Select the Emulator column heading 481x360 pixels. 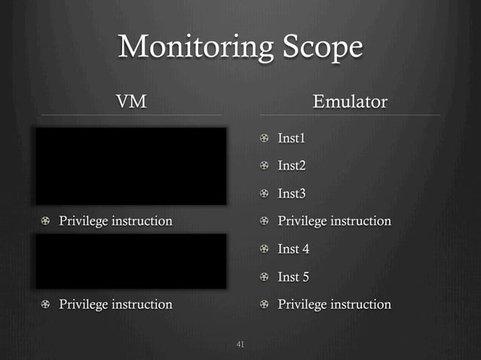(x=350, y=101)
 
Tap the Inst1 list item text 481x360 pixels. (x=292, y=138)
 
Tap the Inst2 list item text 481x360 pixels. (x=292, y=166)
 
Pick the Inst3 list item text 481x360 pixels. (x=292, y=194)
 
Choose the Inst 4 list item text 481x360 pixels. (x=294, y=249)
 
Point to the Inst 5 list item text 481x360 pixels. (x=294, y=277)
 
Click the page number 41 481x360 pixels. (x=240, y=345)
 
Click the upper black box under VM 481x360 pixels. (x=131, y=166)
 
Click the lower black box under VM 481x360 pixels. (x=131, y=261)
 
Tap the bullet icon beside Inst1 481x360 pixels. (x=265, y=139)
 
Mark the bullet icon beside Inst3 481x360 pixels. (x=265, y=194)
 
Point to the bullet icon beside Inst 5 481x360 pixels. (x=265, y=277)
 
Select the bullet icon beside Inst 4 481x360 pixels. (x=265, y=249)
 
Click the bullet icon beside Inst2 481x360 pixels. (x=265, y=166)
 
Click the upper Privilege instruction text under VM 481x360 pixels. (x=115, y=221)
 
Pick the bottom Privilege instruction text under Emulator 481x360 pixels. (x=334, y=304)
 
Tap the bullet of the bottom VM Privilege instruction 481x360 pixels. (x=46, y=305)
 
